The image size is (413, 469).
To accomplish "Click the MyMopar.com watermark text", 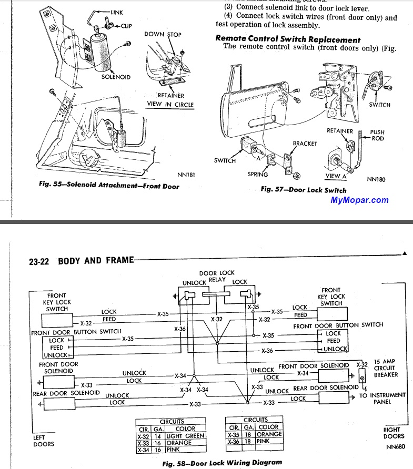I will pos(359,200).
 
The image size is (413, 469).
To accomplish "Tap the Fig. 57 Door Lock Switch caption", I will pos(304,190).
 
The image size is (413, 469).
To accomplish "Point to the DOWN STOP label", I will pos(163,35).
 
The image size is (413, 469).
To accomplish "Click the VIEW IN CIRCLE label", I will pos(170,105).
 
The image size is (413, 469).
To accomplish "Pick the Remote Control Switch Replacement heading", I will pos(288,39).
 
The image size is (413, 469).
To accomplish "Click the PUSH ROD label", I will pos(377,136).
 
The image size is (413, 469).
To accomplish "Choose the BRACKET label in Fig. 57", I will pos(305,144).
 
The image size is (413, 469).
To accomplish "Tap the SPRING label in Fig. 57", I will pos(258,175).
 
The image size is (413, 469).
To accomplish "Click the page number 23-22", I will pos(39,261).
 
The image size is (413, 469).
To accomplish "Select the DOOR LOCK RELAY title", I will pos(216,277).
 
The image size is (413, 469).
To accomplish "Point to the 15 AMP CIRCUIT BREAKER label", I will pos(386,368).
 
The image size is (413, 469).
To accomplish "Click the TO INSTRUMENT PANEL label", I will pos(382,398).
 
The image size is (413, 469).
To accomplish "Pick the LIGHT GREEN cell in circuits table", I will pos(185,436).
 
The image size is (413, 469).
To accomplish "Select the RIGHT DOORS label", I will pos(394,433).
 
